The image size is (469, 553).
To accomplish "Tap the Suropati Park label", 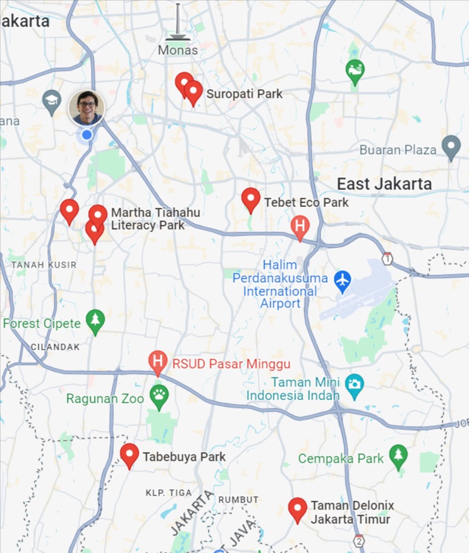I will tap(244, 94).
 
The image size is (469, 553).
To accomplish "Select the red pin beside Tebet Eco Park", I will tap(251, 199).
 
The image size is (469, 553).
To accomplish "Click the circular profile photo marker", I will tap(87, 107).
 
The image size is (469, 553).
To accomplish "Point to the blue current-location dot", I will tap(87, 134).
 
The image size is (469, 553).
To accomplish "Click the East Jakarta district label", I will tap(384, 184).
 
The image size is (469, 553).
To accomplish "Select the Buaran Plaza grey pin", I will tap(451, 148).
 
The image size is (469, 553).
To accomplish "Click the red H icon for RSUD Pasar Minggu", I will tap(158, 363).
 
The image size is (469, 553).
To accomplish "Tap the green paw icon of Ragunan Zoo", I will tap(159, 398).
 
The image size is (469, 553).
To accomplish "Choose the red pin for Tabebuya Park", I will tap(130, 455).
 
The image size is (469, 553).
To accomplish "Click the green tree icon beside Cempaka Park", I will tap(398, 457).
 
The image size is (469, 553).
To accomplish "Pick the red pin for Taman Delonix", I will tap(297, 509).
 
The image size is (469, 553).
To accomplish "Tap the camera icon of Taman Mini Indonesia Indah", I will tap(354, 383).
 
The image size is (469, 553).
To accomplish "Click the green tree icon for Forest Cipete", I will tap(95, 321).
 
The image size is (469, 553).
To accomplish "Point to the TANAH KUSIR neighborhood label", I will tap(44, 265).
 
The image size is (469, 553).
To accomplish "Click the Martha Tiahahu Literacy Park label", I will tap(155, 219).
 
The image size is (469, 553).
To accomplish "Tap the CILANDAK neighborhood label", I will tap(56, 347).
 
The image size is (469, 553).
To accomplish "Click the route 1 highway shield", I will tap(387, 258).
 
